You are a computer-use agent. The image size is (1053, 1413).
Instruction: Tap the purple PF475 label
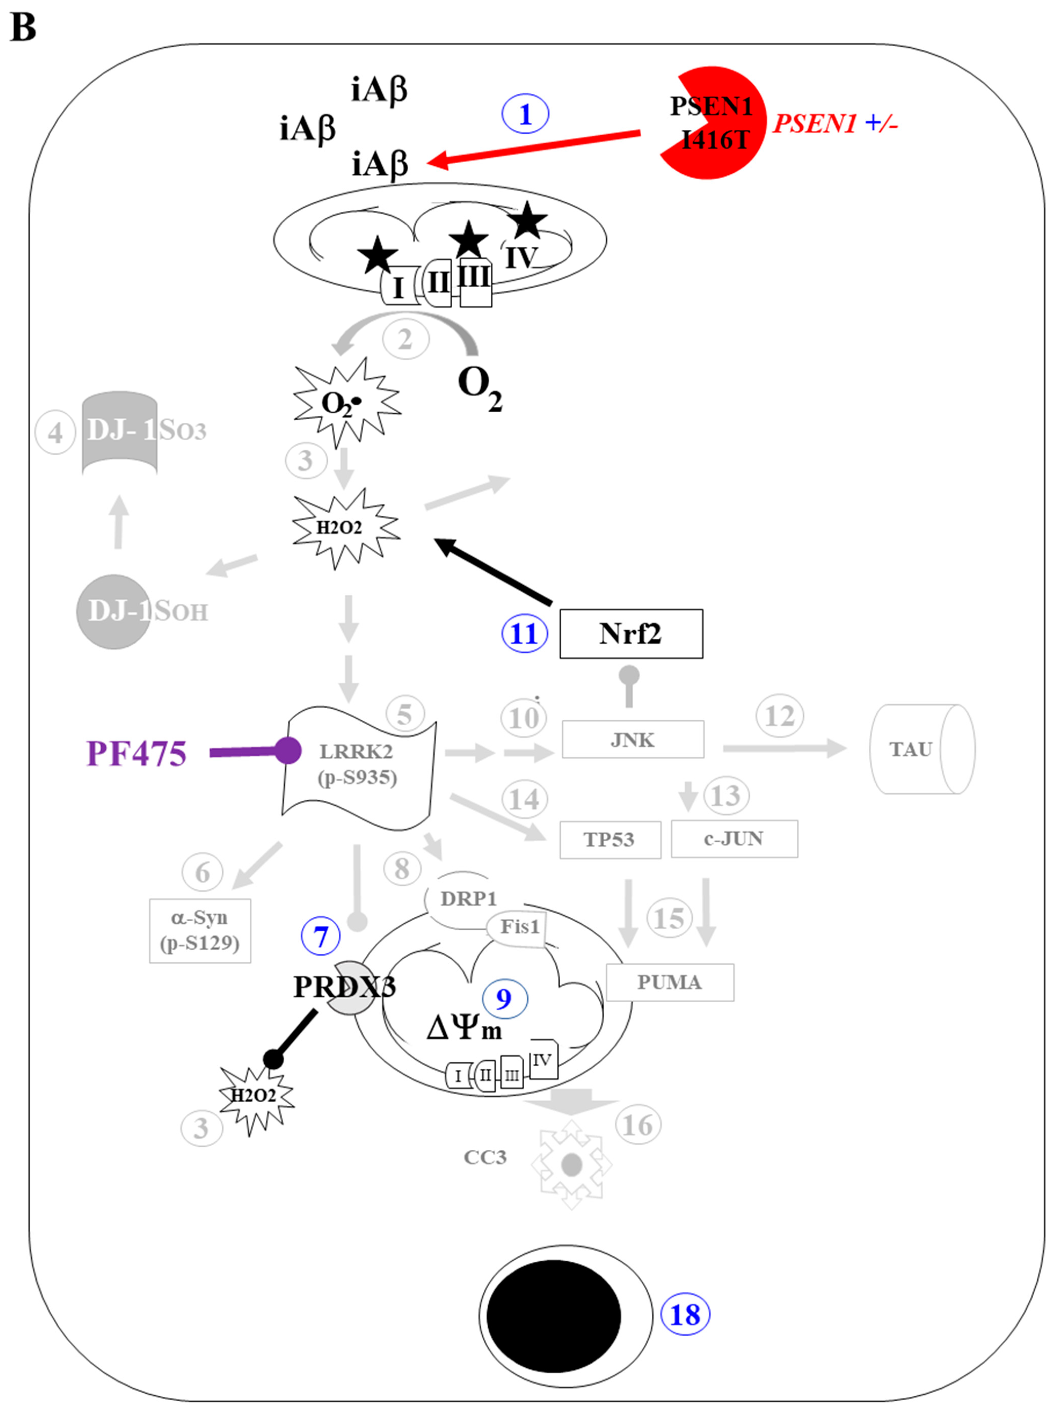pos(136,753)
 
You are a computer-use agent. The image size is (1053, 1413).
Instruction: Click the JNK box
pos(632,740)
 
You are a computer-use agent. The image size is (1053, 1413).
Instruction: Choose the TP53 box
pos(609,839)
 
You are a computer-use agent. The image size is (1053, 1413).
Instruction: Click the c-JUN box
pos(734,838)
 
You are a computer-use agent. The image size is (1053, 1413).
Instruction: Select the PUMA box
pos(669,982)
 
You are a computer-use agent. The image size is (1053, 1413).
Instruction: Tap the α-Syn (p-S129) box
pos(200,930)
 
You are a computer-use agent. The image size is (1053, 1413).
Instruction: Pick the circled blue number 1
pos(525,115)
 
